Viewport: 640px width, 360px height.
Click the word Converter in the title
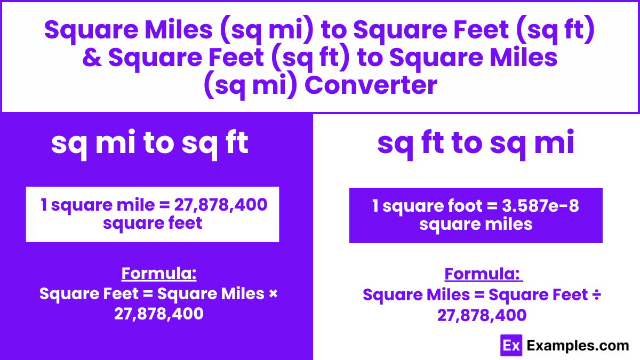click(x=371, y=85)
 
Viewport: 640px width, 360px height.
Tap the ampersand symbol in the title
click(x=92, y=58)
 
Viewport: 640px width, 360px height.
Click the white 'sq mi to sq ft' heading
click(x=150, y=143)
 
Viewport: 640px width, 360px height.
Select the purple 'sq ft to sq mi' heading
click(x=476, y=143)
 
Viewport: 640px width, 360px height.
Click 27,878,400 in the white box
click(x=221, y=205)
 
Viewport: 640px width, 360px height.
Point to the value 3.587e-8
click(x=540, y=206)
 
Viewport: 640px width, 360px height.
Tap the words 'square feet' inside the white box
click(x=153, y=223)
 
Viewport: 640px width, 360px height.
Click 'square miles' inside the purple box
click(x=476, y=225)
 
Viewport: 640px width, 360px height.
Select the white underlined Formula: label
click(x=159, y=274)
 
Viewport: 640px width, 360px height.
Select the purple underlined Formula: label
click(x=483, y=274)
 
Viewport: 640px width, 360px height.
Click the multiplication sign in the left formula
click(x=274, y=294)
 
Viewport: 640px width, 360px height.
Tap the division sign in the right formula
click(x=597, y=295)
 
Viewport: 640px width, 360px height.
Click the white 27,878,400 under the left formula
click(x=158, y=314)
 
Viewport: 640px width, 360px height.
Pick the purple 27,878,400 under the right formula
click(x=482, y=315)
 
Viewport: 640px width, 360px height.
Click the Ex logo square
click(x=511, y=346)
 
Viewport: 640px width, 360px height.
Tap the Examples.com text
click(x=578, y=346)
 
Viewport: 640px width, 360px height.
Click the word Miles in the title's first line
click(x=179, y=30)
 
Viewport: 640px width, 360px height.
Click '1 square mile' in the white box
click(x=98, y=205)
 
